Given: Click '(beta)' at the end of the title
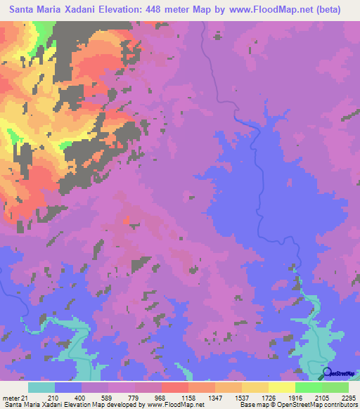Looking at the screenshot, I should [x=328, y=10].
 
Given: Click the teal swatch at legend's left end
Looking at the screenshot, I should [x=41, y=387].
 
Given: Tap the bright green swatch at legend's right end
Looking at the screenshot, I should [x=335, y=387].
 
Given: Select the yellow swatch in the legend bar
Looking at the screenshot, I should [x=282, y=387].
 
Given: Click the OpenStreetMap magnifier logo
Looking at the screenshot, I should [x=327, y=372].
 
